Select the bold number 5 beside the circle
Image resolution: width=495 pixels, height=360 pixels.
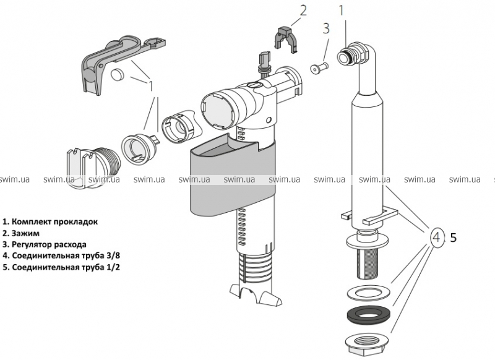[453, 236]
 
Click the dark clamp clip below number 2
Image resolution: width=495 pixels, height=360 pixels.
[285, 39]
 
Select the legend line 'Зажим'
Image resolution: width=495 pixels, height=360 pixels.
[20, 233]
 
